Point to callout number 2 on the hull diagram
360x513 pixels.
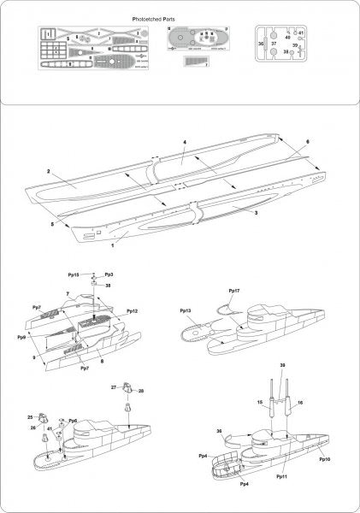point(49,173)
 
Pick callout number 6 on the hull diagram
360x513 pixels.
point(308,142)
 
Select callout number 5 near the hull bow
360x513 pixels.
point(52,224)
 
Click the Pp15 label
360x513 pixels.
point(74,274)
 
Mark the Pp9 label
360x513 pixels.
point(21,338)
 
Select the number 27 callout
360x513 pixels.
point(113,387)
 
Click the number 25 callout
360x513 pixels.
point(30,417)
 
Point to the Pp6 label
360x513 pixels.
point(73,421)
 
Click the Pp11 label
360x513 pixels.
point(281,475)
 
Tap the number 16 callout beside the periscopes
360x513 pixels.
point(300,402)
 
